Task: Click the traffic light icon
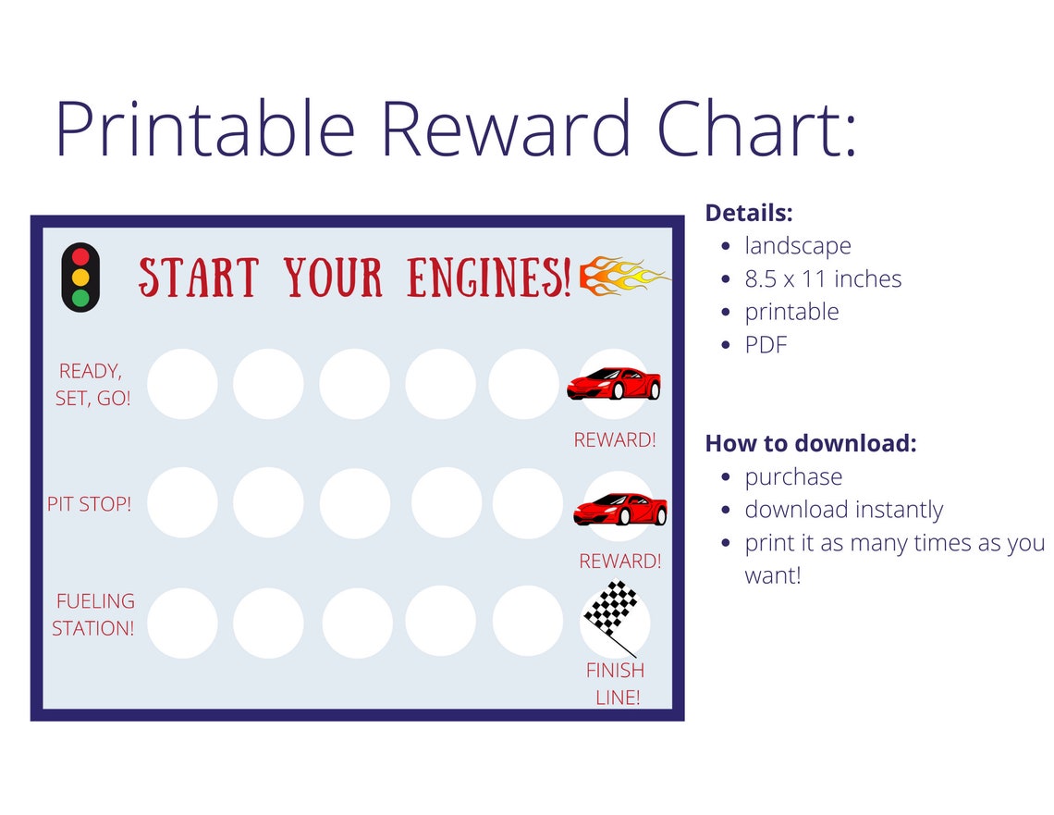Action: point(80,277)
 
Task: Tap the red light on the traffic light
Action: point(80,256)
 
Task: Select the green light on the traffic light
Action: point(80,298)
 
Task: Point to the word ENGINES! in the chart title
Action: point(489,277)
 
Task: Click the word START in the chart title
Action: point(198,277)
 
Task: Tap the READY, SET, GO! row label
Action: point(92,385)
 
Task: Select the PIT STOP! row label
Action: point(90,505)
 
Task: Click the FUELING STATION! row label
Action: point(93,614)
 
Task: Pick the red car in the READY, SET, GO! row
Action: point(614,382)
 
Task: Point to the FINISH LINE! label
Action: point(616,684)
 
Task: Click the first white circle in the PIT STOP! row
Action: point(183,502)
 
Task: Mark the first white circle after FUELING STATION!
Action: point(183,623)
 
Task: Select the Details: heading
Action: point(749,213)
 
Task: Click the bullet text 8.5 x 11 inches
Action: point(823,278)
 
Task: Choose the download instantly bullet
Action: point(843,510)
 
